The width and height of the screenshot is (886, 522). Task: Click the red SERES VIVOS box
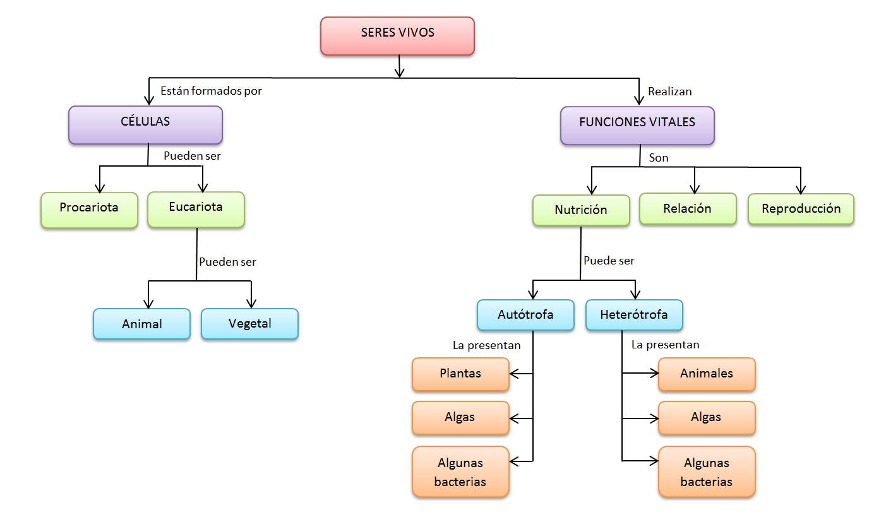click(x=397, y=35)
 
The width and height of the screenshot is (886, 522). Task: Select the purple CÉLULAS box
click(x=145, y=124)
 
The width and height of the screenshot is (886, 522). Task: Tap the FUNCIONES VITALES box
click(x=637, y=125)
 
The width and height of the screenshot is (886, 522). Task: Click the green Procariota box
click(x=89, y=210)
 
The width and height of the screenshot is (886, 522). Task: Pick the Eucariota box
click(x=196, y=209)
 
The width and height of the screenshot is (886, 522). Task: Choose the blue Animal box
click(x=142, y=324)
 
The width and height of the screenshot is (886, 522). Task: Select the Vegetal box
click(x=249, y=324)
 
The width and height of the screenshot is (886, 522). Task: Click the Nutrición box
click(x=581, y=210)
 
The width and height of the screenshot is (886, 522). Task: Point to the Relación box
click(x=688, y=208)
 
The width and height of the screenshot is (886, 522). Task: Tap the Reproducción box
click(x=801, y=209)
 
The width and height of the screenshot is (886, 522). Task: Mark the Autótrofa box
click(x=525, y=314)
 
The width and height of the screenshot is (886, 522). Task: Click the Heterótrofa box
click(x=634, y=314)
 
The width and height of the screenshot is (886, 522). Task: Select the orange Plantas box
click(x=460, y=374)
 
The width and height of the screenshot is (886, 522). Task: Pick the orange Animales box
click(x=707, y=374)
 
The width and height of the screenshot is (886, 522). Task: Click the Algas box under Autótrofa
click(x=460, y=417)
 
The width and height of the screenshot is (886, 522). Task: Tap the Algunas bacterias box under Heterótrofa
click(x=707, y=472)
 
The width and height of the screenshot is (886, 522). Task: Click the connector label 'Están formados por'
click(x=211, y=91)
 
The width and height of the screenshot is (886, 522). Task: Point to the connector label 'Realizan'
click(x=670, y=92)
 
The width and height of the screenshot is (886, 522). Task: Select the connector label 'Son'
click(x=659, y=158)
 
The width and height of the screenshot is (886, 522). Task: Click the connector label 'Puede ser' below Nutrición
click(x=609, y=261)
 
